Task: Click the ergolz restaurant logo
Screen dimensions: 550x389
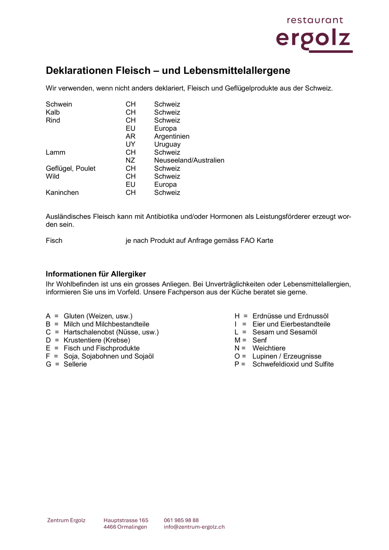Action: (314, 35)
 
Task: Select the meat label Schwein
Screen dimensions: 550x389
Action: (59, 104)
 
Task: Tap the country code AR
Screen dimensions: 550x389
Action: (131, 137)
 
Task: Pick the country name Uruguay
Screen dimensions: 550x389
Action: (167, 145)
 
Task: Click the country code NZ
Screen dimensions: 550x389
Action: (130, 160)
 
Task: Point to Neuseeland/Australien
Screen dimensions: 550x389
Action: (189, 160)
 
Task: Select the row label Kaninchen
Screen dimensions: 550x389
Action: (62, 193)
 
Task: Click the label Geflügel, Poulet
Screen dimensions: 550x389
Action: (70, 168)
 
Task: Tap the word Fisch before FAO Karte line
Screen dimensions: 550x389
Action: (54, 241)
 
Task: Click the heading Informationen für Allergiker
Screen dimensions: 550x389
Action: (96, 274)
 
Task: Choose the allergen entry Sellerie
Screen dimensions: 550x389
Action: (75, 364)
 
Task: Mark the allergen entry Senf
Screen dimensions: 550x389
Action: (259, 340)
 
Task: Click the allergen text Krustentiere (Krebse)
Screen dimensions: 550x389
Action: (97, 340)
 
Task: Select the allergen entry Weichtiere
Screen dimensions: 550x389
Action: (269, 348)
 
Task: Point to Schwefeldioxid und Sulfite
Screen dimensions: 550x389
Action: (293, 364)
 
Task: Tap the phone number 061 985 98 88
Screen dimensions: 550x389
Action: (181, 520)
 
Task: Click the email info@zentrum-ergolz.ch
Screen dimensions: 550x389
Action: (194, 527)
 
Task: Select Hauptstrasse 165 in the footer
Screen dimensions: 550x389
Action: (126, 520)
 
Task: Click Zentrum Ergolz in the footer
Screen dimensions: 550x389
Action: (66, 520)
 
